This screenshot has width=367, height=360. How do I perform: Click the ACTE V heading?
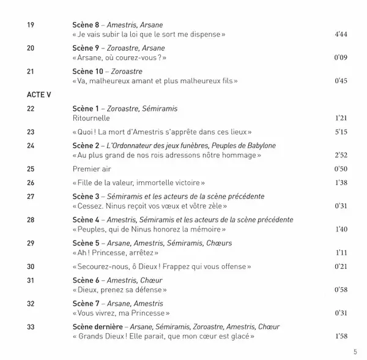(x=40, y=96)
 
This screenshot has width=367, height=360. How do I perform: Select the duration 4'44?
(x=340, y=35)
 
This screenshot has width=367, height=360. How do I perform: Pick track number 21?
(x=31, y=72)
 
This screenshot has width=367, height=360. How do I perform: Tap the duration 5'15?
(x=340, y=132)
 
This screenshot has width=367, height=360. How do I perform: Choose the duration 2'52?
(x=340, y=154)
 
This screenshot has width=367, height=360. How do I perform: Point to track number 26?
(x=31, y=183)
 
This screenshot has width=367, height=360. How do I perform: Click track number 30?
(x=31, y=266)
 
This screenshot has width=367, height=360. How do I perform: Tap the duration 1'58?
(x=340, y=336)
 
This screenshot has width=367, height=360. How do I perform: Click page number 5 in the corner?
(x=355, y=352)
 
